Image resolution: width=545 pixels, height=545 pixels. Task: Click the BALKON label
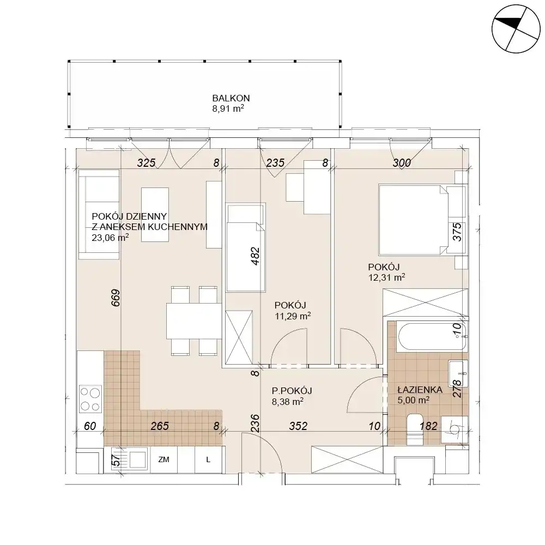[231, 98]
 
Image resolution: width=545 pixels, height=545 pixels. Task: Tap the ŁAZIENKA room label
[420, 390]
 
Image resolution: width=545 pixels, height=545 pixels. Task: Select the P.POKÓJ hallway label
[292, 391]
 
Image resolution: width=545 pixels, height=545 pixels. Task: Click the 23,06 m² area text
[110, 238]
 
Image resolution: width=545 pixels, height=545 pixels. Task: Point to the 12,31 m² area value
[386, 277]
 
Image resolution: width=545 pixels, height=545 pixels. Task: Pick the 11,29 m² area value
[292, 316]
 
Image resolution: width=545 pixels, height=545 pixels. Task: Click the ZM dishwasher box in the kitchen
[163, 459]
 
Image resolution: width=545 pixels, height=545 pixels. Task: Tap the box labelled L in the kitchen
[208, 459]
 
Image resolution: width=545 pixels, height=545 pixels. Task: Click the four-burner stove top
[90, 399]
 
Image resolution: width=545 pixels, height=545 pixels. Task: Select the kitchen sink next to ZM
[131, 459]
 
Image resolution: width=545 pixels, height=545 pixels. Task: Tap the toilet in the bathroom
[414, 429]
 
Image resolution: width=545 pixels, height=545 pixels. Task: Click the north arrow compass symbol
[516, 29]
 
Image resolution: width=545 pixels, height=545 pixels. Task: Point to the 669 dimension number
[116, 298]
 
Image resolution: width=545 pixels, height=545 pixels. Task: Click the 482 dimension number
[255, 256]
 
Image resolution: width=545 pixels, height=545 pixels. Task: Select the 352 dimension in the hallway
[298, 426]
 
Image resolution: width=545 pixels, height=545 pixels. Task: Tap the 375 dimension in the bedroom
[457, 232]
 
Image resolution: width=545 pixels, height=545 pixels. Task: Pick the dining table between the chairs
[194, 321]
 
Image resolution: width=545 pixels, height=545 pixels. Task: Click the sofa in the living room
[99, 214]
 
